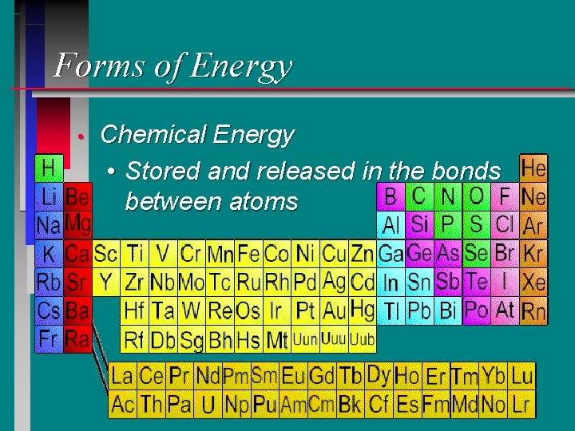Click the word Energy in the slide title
point(244,65)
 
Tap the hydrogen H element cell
point(49,168)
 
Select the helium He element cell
point(533,168)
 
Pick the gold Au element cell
point(334,310)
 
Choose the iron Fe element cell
point(249,255)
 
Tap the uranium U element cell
point(208,405)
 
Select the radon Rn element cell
point(533,310)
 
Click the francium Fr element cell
point(49,338)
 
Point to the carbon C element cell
point(418,196)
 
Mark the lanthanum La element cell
point(122,375)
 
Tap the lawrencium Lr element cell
point(521,404)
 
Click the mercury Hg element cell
point(362,308)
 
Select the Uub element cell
point(362,339)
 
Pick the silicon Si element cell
point(418,224)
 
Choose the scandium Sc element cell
point(105,255)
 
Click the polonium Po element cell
point(476,310)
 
